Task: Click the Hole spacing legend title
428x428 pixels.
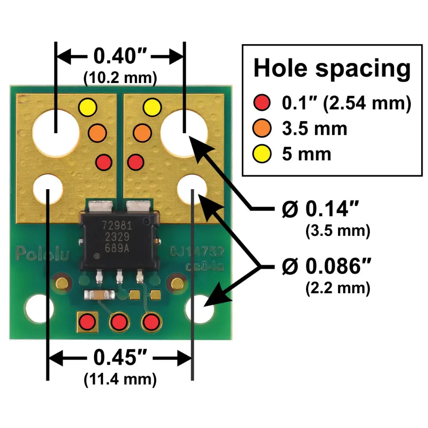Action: (332, 68)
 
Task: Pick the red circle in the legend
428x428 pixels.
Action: (262, 103)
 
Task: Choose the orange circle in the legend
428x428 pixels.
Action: (262, 128)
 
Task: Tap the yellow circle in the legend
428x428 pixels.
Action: (262, 154)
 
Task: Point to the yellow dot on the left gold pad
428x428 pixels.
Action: (88, 107)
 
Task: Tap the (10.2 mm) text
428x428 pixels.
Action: (120, 77)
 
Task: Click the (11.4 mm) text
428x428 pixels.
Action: (120, 379)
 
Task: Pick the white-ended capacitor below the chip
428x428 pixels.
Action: (99, 294)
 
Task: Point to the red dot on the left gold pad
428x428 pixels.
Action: (103, 162)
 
